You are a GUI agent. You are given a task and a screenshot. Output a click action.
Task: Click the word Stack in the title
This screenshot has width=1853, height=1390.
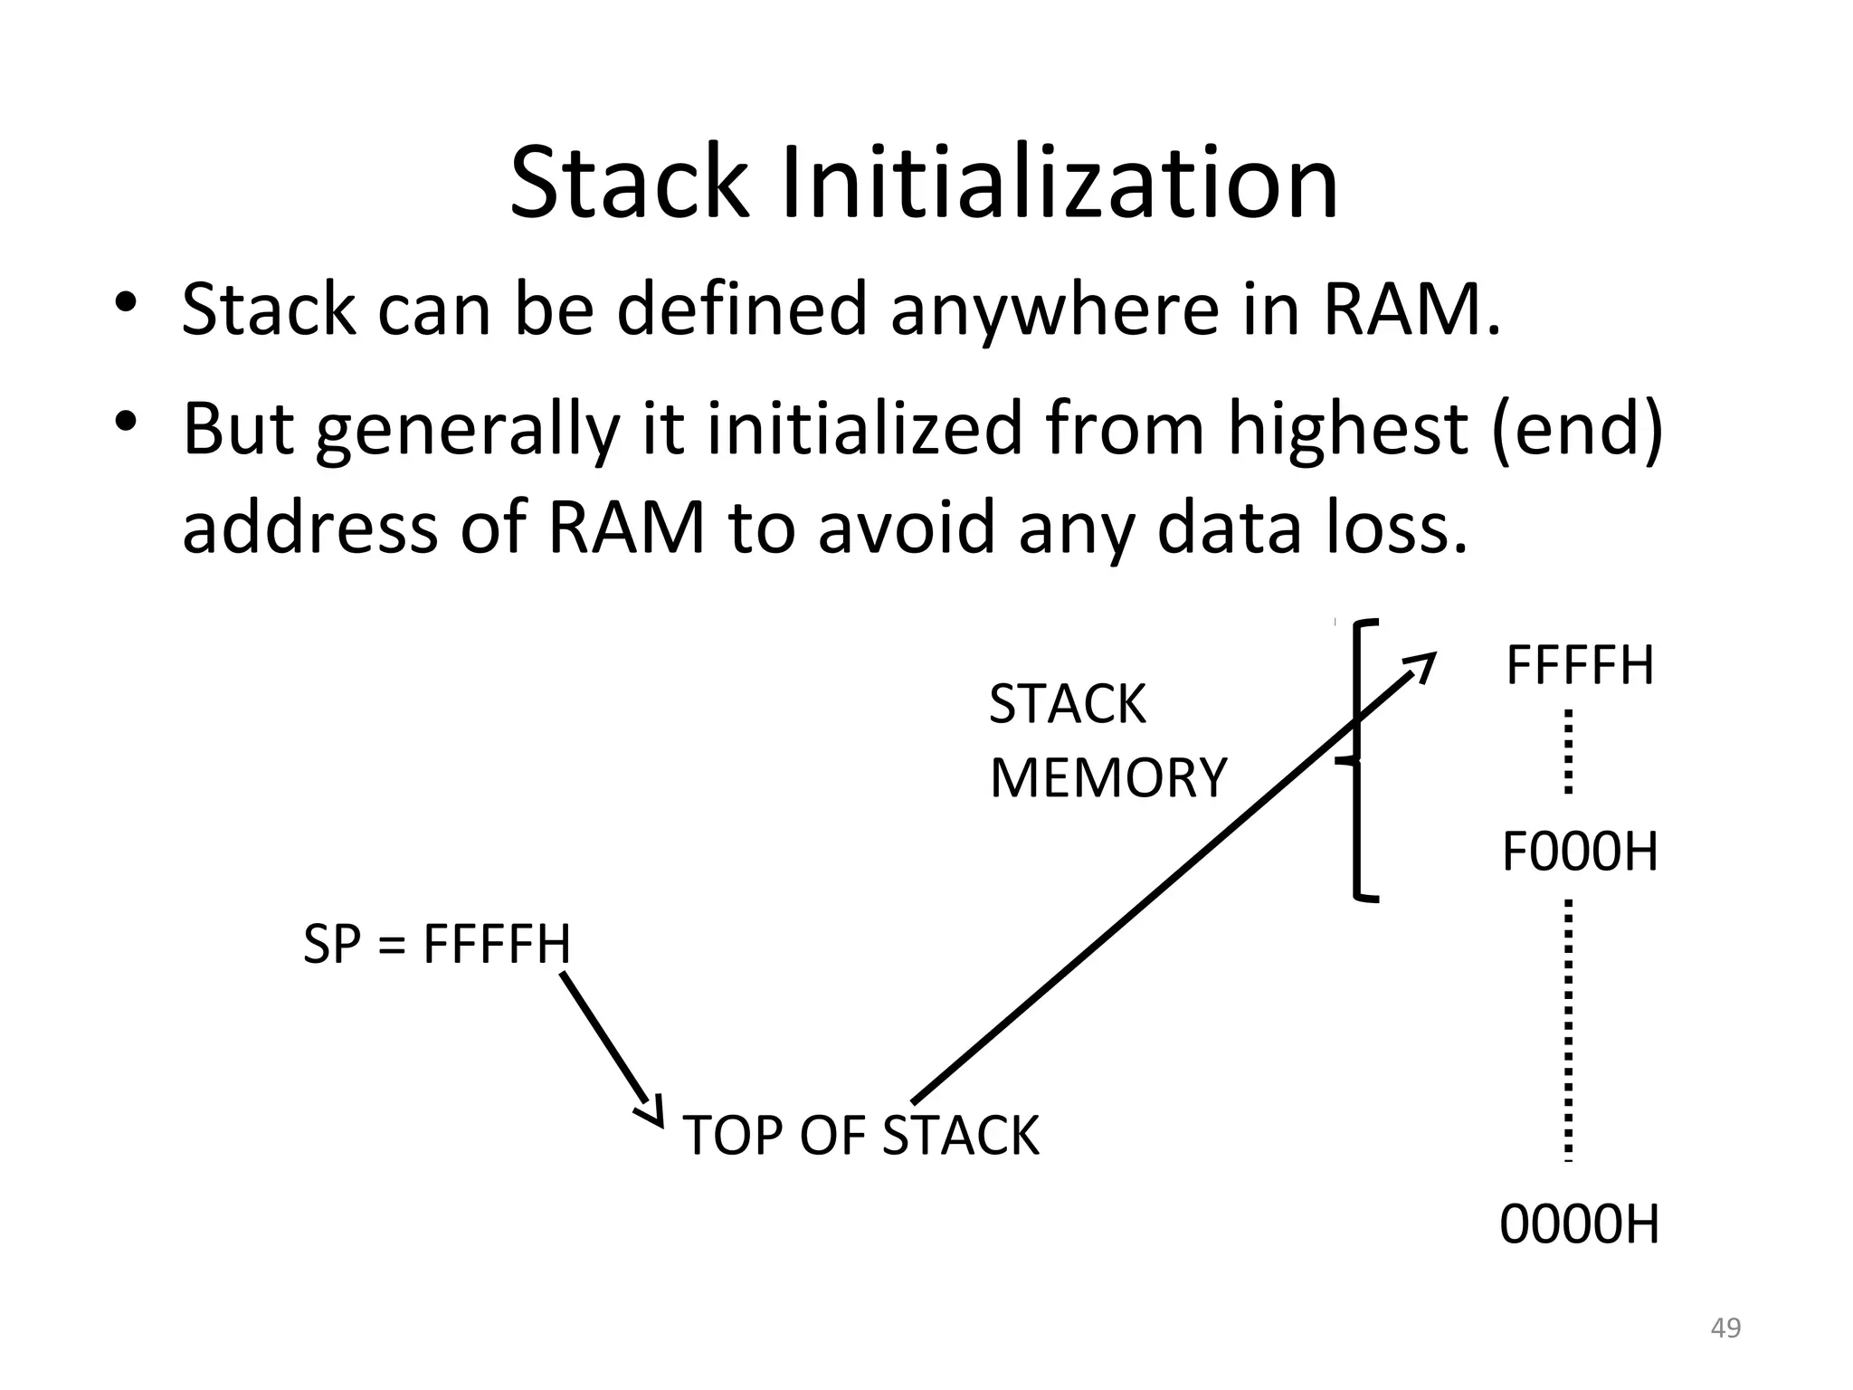point(630,185)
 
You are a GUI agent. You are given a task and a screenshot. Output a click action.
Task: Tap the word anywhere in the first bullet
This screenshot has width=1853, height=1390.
point(1055,310)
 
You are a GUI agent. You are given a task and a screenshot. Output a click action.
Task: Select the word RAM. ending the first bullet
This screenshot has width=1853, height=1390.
point(1411,309)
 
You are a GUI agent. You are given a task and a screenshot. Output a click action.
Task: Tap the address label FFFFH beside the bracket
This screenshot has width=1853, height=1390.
point(1580,666)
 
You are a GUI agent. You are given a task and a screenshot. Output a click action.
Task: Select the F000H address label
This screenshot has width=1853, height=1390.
point(1580,852)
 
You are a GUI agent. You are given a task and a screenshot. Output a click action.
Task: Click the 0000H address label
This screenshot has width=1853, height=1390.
point(1580,1225)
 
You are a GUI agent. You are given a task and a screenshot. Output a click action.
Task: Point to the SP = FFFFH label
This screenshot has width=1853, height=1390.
point(437,944)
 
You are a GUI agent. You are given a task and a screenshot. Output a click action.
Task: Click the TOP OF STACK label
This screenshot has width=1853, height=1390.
point(860,1136)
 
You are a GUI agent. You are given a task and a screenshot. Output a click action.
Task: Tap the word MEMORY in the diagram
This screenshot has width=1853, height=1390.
point(1108,778)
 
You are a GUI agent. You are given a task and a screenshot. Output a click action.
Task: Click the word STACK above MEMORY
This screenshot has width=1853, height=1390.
point(1068,704)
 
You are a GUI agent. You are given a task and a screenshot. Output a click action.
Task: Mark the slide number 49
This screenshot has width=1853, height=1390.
point(1725,1328)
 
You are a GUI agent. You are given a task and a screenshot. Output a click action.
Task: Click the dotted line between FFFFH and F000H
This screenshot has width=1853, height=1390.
point(1568,752)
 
